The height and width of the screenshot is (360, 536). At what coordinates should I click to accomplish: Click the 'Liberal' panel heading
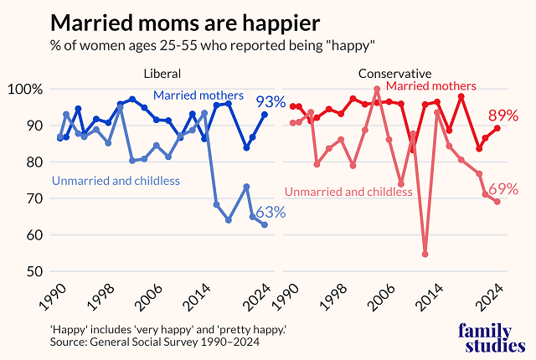[162, 74]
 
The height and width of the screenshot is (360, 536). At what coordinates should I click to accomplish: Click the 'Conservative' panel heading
[395, 74]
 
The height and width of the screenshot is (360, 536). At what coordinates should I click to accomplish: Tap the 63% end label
[271, 213]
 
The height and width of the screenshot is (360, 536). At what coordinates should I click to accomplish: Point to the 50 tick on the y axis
[33, 271]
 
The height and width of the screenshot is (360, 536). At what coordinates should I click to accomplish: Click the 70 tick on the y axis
[33, 198]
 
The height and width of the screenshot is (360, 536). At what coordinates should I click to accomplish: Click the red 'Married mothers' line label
[431, 86]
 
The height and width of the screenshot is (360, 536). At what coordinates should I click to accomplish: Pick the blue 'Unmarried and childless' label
[116, 180]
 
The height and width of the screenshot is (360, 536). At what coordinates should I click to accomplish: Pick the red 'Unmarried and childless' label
[348, 193]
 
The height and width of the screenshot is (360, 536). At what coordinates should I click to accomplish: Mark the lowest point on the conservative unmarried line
[425, 254]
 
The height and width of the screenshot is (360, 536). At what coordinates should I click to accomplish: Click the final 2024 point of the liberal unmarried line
[265, 224]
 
